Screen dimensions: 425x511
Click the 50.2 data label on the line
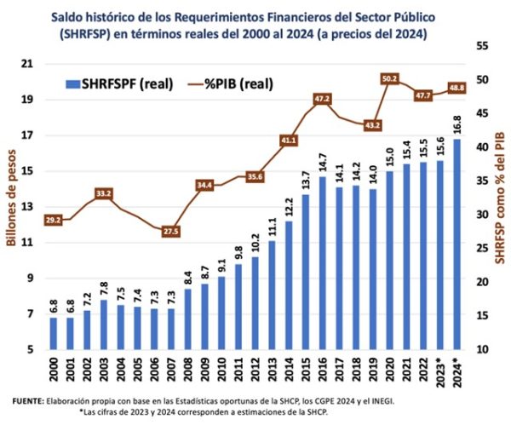(391, 78)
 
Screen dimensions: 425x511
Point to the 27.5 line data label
(170, 231)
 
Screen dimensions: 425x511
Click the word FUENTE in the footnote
(27, 400)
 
